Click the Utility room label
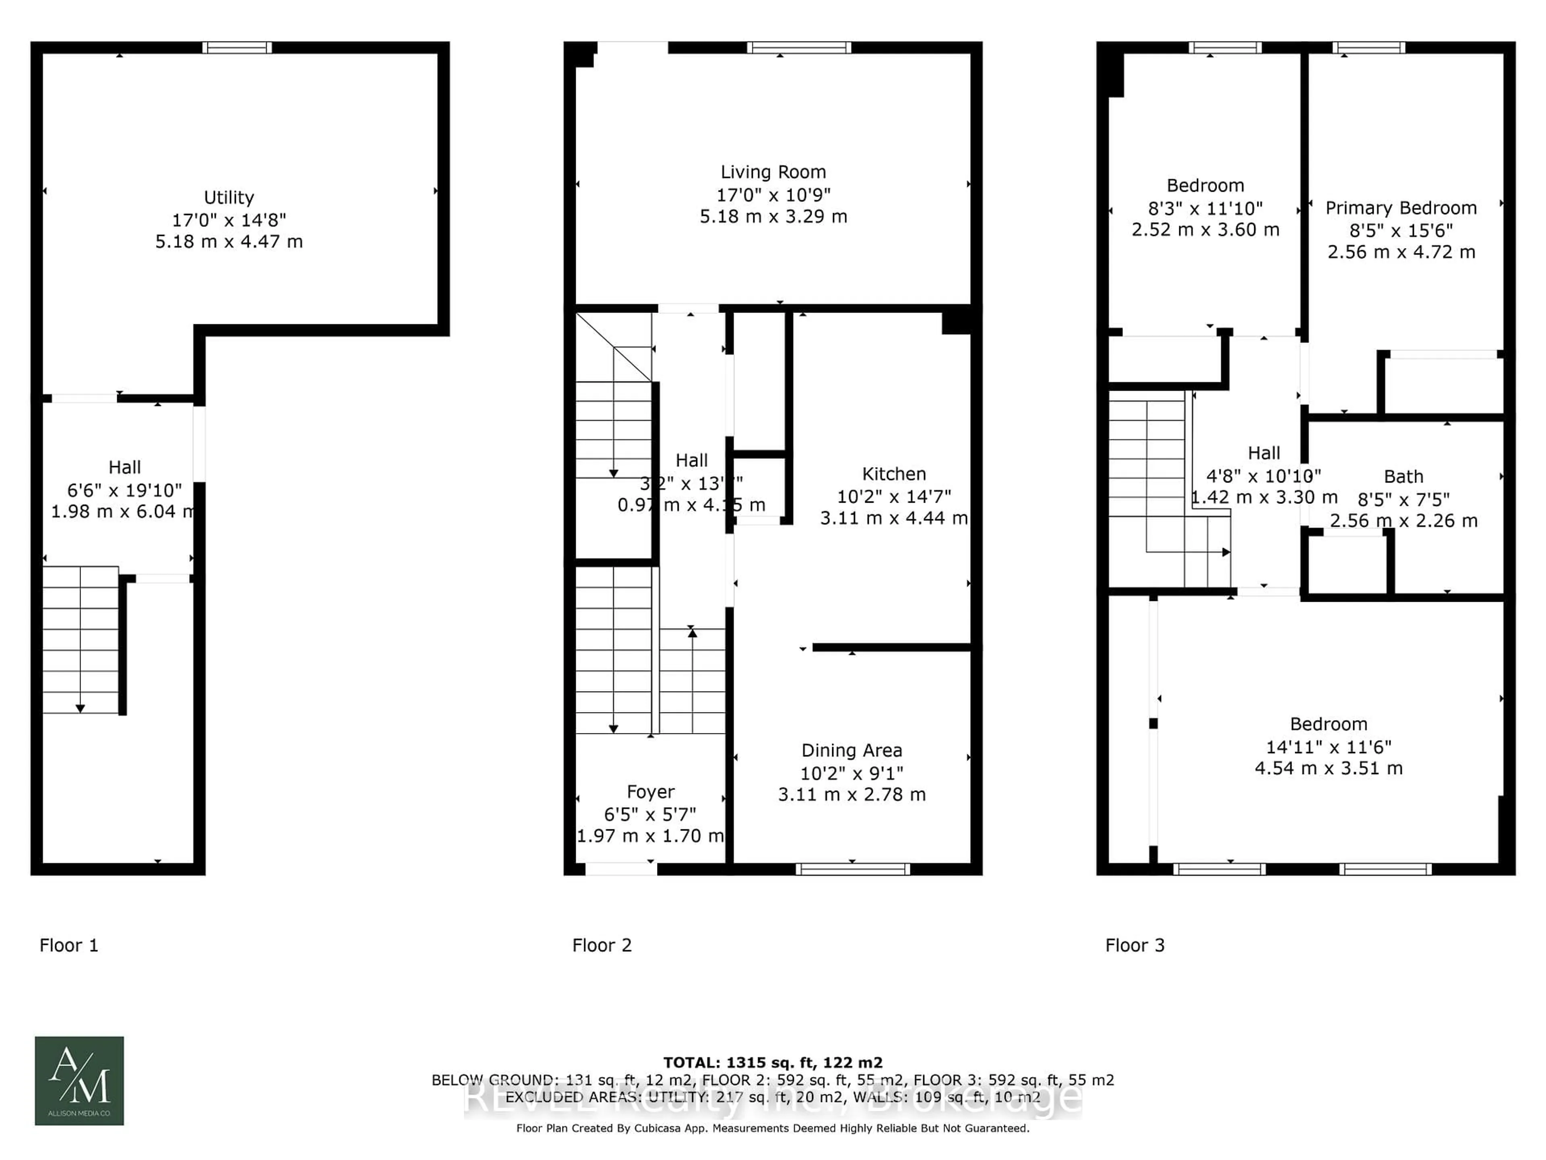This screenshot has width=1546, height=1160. click(229, 198)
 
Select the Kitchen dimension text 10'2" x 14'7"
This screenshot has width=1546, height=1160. click(894, 497)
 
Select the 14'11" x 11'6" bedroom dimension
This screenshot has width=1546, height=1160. click(1329, 746)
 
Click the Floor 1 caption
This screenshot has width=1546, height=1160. click(68, 945)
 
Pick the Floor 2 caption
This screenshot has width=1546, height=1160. click(602, 945)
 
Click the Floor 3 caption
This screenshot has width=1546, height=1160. click(1135, 945)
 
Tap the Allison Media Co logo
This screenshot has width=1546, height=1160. click(80, 1080)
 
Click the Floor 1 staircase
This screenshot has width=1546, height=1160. click(81, 640)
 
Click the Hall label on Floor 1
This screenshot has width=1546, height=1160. click(124, 467)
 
